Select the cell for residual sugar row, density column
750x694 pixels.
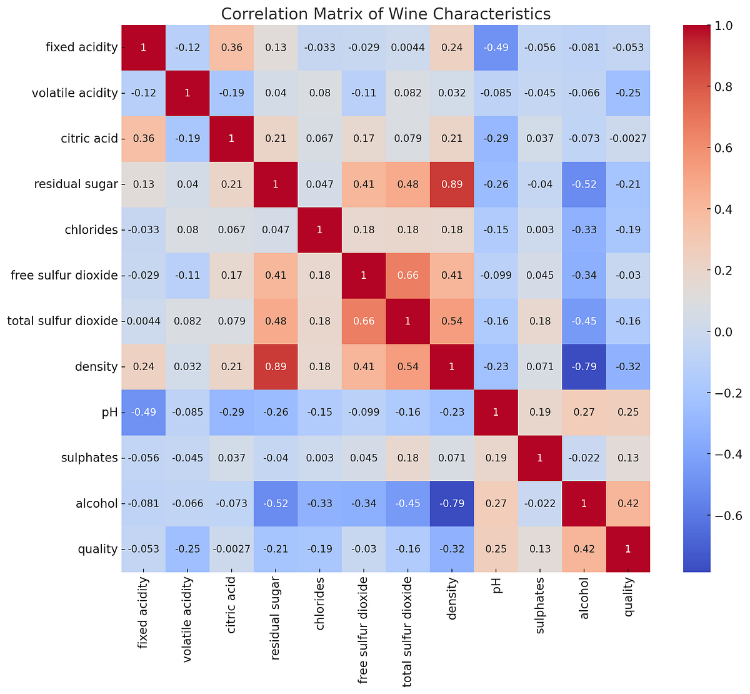point(452,184)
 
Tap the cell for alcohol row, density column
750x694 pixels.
point(452,503)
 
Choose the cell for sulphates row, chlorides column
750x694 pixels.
point(319,458)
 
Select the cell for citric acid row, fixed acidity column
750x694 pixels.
point(143,139)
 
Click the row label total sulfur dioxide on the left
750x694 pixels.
point(62,321)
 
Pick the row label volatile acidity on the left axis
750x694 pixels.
point(76,93)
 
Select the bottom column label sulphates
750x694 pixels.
point(541,606)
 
